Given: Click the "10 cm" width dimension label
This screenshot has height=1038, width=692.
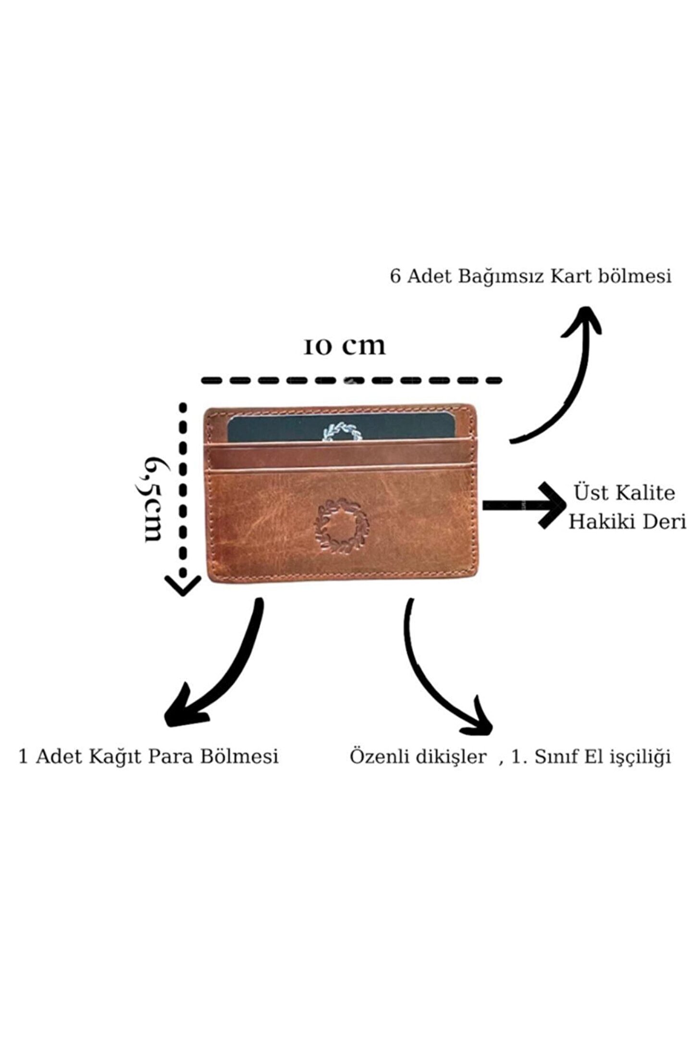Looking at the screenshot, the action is tap(344, 346).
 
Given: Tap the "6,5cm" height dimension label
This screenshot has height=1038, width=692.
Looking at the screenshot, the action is tap(153, 498).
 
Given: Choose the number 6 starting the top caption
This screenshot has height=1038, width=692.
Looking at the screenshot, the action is tap(395, 277).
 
